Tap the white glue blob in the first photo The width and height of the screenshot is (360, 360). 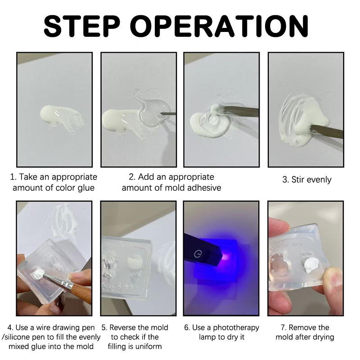60,118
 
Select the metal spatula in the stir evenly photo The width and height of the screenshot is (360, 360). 327,131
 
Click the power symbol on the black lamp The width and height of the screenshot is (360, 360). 198,254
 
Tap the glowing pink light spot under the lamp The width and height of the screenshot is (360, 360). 225,257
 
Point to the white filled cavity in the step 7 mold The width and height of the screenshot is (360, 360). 310,266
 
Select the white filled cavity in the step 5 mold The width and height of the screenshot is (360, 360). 135,261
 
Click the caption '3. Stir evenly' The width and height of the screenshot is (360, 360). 307,180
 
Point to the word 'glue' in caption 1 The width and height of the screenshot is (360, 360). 86,188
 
